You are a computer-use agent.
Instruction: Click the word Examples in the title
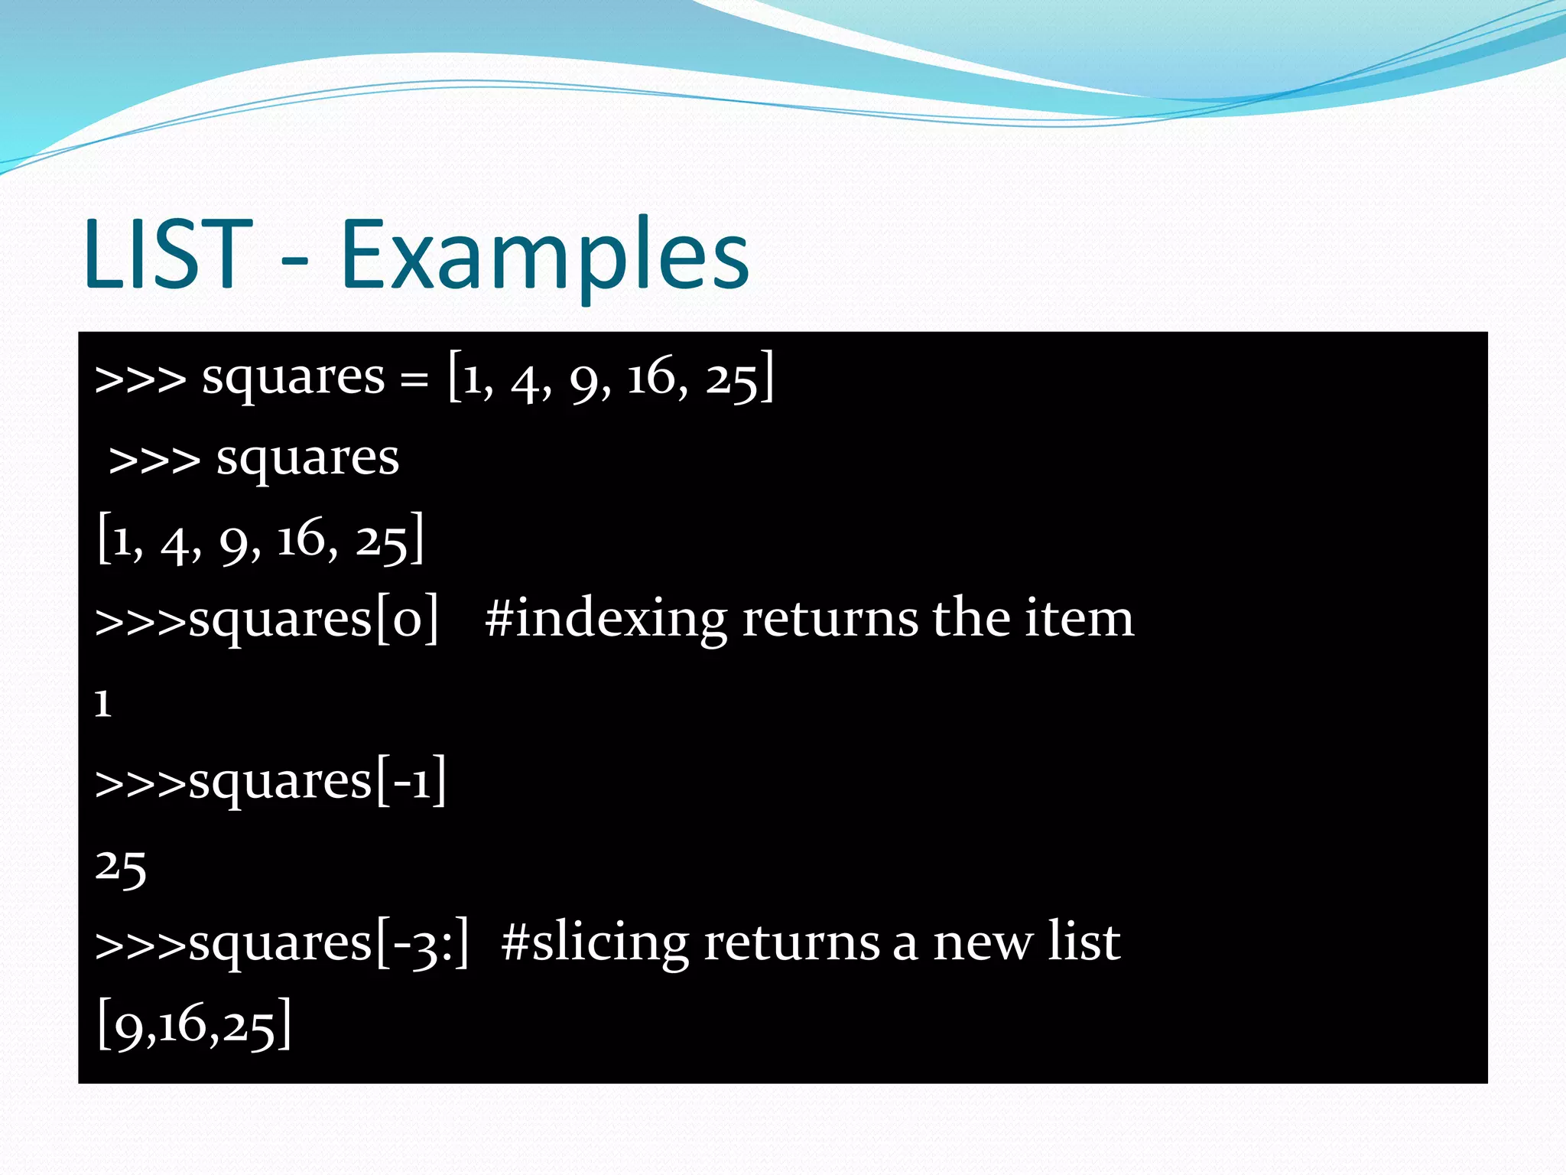click(544, 256)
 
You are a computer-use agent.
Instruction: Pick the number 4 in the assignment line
click(526, 381)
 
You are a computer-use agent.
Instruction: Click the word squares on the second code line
click(307, 459)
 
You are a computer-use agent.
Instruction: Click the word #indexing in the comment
click(605, 620)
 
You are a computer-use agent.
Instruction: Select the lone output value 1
click(103, 703)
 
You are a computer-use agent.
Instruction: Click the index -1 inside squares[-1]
click(411, 782)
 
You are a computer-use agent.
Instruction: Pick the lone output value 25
click(121, 867)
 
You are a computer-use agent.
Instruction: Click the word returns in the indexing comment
click(830, 620)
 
